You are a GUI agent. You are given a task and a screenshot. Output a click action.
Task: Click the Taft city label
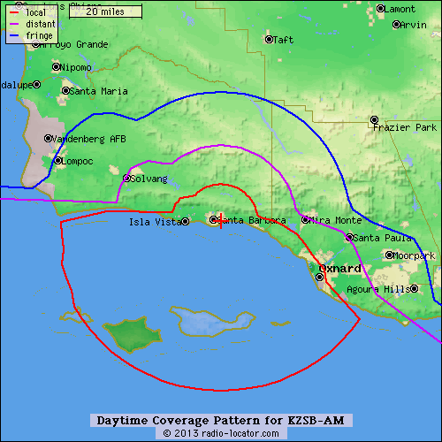[284, 40]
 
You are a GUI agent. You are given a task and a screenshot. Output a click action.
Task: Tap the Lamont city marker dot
[380, 9]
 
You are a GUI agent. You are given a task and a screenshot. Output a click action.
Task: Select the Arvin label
[413, 25]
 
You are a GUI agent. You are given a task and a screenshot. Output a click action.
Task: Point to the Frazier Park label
[406, 127]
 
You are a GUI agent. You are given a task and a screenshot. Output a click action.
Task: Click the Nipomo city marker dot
[56, 66]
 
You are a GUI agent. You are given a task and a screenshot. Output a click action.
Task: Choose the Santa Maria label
[98, 90]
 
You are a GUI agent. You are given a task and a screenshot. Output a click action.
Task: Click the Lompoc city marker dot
[57, 161]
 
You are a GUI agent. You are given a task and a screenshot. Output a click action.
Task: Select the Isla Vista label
[154, 222]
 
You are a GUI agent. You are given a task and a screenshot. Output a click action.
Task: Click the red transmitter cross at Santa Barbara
[220, 220]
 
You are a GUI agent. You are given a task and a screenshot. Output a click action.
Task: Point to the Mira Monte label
[337, 220]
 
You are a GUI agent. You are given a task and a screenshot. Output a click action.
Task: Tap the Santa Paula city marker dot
[349, 237]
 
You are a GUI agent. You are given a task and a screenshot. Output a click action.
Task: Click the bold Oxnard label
[339, 268]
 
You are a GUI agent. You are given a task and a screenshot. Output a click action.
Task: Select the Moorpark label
[415, 255]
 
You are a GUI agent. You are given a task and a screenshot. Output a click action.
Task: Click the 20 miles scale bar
[105, 11]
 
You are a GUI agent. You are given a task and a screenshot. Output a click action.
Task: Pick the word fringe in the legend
[40, 35]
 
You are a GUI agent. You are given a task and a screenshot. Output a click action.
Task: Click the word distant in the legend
[42, 24]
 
